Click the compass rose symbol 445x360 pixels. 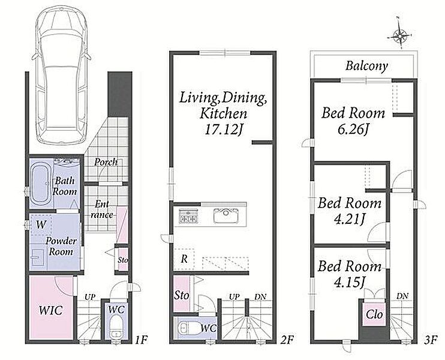pyautogui.click(x=399, y=36)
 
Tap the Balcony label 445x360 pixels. pyautogui.click(x=366, y=67)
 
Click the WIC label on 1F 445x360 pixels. pyautogui.click(x=50, y=310)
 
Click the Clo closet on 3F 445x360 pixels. pyautogui.click(x=374, y=314)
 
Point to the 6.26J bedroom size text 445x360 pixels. pyautogui.click(x=353, y=130)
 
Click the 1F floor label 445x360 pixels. pyautogui.click(x=141, y=339)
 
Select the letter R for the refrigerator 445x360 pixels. pyautogui.click(x=184, y=259)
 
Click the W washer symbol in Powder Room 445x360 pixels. pyautogui.click(x=41, y=225)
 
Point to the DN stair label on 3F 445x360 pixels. pyautogui.click(x=402, y=296)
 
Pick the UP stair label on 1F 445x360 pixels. pyautogui.click(x=90, y=297)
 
